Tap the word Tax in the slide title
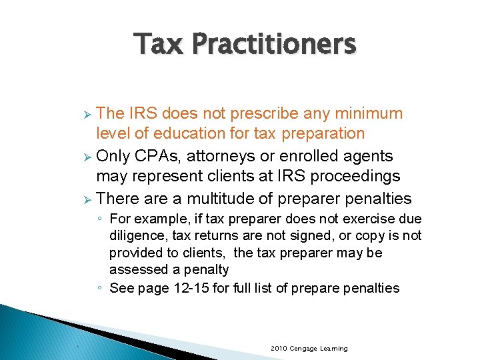pyautogui.click(x=160, y=45)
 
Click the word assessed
pyautogui.click(x=135, y=270)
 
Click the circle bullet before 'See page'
pyautogui.click(x=99, y=289)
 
